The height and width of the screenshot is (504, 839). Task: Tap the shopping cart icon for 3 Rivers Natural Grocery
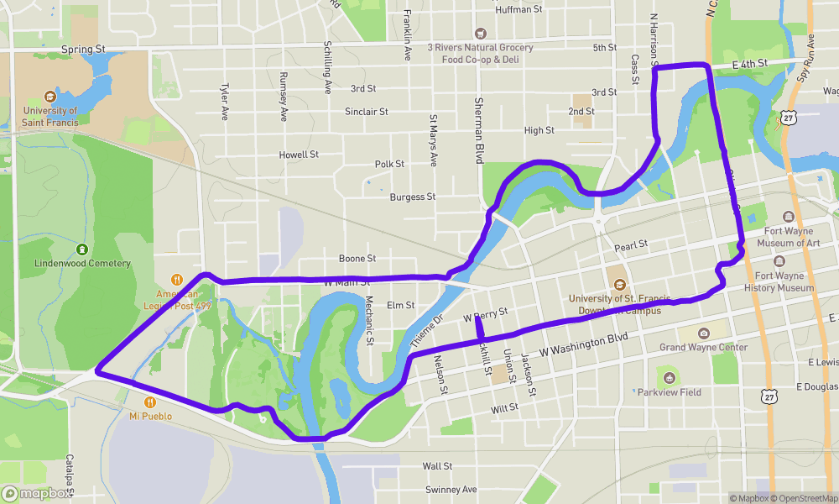pos(481,34)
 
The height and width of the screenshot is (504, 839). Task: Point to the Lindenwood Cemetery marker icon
pos(82,249)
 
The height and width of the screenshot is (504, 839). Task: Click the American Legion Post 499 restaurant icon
pos(176,280)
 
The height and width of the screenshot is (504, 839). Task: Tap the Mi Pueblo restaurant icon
pos(150,402)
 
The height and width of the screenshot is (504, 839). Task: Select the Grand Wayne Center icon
pos(703,333)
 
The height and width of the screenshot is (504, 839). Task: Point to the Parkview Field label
pos(669,392)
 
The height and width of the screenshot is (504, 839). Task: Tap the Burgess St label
pos(413,197)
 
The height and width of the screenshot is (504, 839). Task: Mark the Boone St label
pos(357,259)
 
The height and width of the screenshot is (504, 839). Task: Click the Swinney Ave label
pos(451,490)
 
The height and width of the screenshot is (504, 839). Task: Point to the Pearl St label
pos(631,245)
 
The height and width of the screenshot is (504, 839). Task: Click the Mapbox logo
pos(37,494)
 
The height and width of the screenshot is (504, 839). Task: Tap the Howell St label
pos(299,155)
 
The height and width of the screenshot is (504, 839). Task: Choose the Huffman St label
pos(519,9)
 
